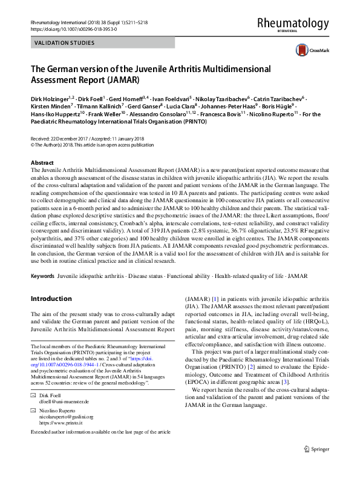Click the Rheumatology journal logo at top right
tap(293, 24)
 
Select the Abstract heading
tap(42, 164)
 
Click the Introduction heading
tap(51, 299)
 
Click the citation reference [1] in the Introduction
tap(215, 299)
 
